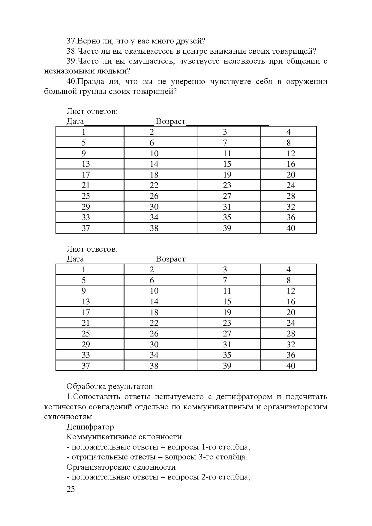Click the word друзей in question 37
pyautogui.click(x=190, y=41)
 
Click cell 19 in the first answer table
pyautogui.click(x=227, y=175)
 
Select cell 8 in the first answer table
pyautogui.click(x=289, y=143)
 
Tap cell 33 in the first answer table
pyautogui.click(x=86, y=217)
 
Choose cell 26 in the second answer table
pyautogui.click(x=154, y=334)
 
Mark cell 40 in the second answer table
pyautogui.click(x=291, y=366)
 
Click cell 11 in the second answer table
pyautogui.click(x=227, y=291)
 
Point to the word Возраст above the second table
pyautogui.click(x=171, y=259)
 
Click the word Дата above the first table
pyautogui.click(x=75, y=122)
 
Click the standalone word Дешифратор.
pyautogui.click(x=91, y=427)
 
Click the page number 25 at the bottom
pyautogui.click(x=71, y=489)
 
